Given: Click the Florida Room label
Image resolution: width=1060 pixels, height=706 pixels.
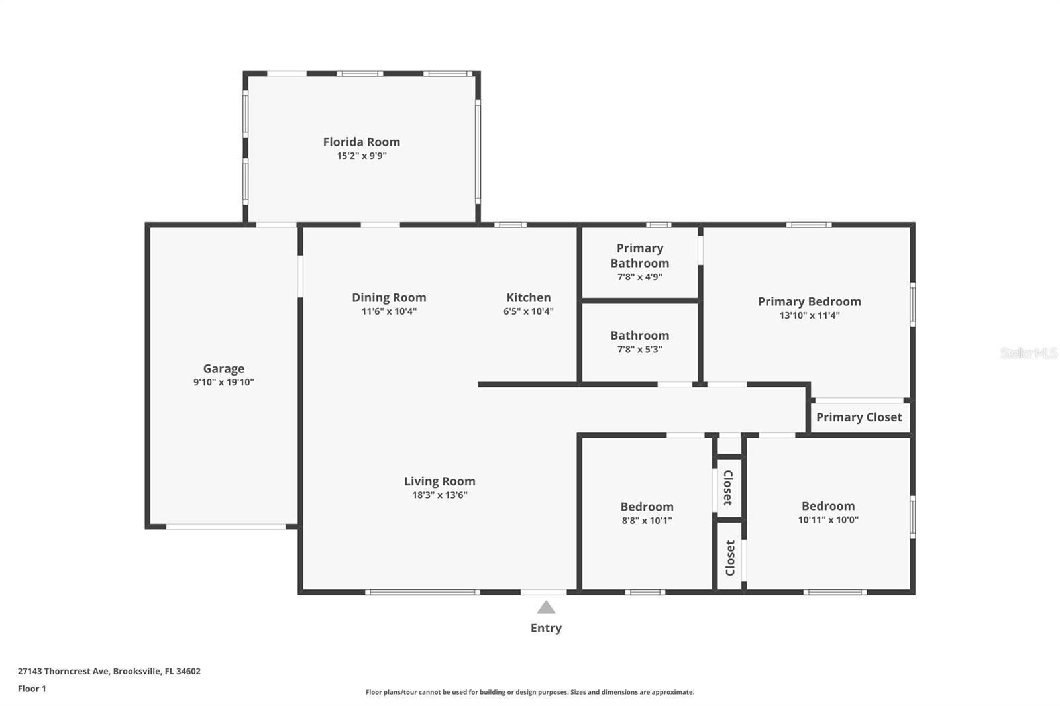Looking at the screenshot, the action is [x=362, y=142].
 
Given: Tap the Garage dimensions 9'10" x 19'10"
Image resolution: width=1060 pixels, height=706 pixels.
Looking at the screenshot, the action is [x=223, y=382].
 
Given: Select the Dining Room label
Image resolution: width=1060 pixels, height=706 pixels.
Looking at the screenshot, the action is [x=389, y=297].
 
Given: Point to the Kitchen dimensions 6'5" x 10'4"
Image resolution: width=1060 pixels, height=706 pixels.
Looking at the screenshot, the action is [x=529, y=311].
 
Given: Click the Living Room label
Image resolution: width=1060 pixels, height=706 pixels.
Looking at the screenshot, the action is [x=440, y=481].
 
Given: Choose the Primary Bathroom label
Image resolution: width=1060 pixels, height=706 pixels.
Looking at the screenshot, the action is [x=640, y=256].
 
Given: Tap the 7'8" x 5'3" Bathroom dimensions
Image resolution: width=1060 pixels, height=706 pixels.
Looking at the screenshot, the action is [x=640, y=350].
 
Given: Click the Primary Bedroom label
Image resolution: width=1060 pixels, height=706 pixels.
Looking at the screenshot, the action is [x=809, y=302].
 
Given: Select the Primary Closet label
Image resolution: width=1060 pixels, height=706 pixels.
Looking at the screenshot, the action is [x=859, y=417].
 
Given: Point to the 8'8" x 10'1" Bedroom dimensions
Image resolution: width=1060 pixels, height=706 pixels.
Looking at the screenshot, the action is [x=647, y=521].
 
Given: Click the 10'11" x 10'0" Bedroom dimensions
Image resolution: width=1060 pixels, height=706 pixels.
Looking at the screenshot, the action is [x=828, y=519].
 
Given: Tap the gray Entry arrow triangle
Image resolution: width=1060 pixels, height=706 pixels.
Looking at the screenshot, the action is [x=546, y=607].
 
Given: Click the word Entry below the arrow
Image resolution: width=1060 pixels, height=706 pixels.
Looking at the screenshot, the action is [x=546, y=628].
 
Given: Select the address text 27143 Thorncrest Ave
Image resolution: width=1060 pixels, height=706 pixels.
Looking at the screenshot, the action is [x=64, y=671].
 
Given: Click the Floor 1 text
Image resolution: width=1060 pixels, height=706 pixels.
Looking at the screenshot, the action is [x=32, y=689].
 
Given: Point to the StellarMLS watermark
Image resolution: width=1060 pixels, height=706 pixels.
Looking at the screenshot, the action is [x=1029, y=353].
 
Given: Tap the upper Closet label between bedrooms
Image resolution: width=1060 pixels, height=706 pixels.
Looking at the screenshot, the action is [x=729, y=487].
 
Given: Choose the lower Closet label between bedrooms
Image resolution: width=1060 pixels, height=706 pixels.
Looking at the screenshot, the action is [x=729, y=558].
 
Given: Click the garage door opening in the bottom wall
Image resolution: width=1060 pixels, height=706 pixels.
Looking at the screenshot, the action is [x=226, y=527].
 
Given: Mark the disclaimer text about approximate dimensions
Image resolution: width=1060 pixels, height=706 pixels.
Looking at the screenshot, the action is [x=530, y=692].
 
